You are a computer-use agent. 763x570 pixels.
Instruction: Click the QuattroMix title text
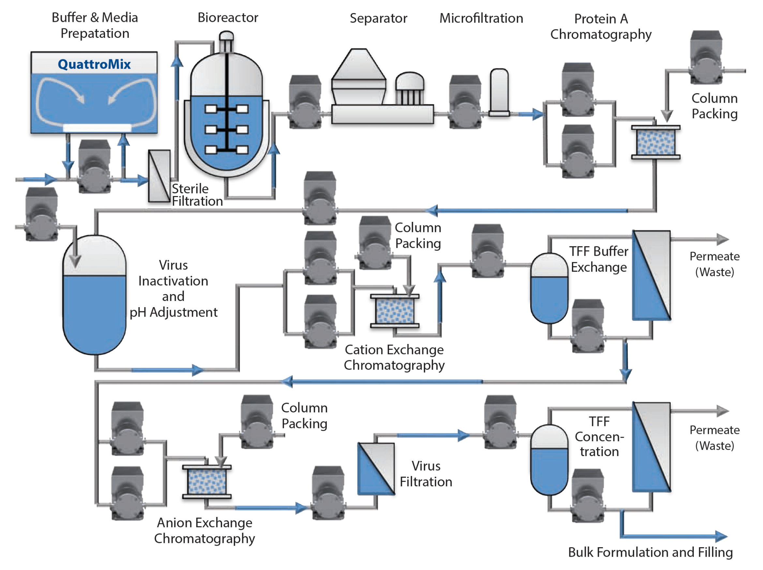[x=94, y=64]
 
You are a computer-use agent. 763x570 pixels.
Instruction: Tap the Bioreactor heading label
[x=228, y=18]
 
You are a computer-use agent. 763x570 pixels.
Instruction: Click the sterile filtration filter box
[x=159, y=176]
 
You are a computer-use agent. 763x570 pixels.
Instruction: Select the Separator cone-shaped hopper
[x=359, y=65]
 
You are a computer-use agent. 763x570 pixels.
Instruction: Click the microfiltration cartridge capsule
[x=499, y=91]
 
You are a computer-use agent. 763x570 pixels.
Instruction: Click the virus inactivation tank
[x=94, y=295]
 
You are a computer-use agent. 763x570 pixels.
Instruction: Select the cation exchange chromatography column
[x=395, y=310]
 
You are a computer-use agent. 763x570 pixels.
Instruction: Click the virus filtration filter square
[x=376, y=469]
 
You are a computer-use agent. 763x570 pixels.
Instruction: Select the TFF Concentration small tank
[x=549, y=460]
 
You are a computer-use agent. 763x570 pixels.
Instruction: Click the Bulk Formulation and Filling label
[x=650, y=552]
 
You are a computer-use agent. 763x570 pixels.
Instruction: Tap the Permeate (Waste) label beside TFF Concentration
[x=714, y=438]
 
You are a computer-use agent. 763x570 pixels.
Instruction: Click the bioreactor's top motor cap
[x=226, y=36]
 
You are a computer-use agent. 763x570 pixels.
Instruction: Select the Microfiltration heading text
[x=481, y=18]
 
